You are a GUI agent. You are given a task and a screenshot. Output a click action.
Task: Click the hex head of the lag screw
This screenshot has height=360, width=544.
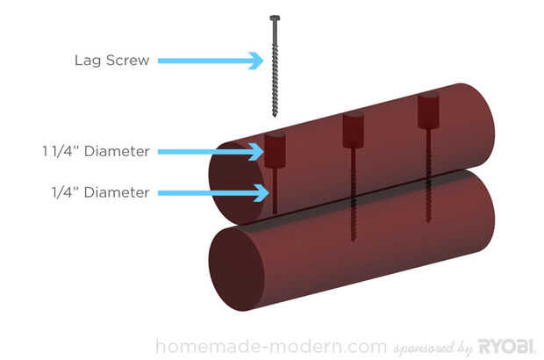click(275, 18)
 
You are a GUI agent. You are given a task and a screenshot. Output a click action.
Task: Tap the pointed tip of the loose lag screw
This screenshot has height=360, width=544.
click(275, 116)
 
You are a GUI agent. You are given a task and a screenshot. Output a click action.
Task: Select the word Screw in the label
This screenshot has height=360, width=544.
click(128, 61)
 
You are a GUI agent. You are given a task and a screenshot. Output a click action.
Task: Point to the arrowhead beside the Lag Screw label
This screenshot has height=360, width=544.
click(256, 61)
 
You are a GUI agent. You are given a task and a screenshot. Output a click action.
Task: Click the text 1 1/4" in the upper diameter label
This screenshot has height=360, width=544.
click(61, 151)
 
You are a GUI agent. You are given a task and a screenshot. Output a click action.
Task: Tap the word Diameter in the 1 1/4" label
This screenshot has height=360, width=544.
click(117, 151)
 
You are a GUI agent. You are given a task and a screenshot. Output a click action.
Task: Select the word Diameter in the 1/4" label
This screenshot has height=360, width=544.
click(117, 192)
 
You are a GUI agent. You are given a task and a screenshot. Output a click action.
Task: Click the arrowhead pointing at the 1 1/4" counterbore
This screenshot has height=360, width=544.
click(256, 152)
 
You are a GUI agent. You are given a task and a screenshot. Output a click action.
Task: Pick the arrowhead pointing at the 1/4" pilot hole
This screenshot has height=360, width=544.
click(261, 192)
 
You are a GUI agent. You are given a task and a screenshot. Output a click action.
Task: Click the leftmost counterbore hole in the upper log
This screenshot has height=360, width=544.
click(276, 149)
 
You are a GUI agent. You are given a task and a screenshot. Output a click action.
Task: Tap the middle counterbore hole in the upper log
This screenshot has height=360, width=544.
click(354, 130)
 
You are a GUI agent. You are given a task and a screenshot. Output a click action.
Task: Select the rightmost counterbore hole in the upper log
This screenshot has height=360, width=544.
click(428, 111)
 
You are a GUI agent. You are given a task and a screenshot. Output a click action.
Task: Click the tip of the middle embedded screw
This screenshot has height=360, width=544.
click(354, 239)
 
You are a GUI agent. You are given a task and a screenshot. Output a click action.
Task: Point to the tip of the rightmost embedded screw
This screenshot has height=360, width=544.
click(428, 220)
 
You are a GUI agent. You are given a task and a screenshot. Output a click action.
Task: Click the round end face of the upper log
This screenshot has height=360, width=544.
click(237, 184)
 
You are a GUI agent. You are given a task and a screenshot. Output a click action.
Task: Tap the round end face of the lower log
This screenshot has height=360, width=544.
click(237, 269)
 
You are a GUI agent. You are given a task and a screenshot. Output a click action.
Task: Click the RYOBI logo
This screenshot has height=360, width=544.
click(506, 346)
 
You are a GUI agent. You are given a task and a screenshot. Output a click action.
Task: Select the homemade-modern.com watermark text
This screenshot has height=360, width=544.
click(271, 347)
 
